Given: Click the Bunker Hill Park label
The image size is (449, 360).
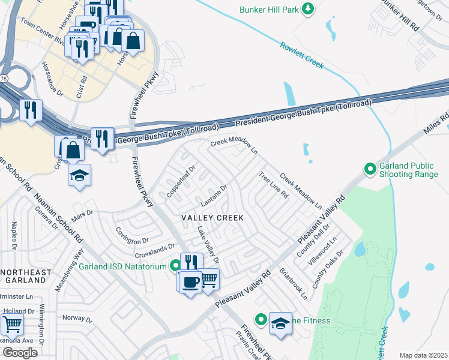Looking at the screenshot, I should [269, 10].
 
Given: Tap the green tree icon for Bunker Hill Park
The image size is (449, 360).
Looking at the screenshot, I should [308, 9].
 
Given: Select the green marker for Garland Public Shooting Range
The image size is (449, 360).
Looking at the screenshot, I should [371, 169].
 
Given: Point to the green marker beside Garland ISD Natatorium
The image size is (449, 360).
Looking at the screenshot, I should [175, 265].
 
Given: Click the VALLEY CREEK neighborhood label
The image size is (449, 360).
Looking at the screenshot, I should [208, 218].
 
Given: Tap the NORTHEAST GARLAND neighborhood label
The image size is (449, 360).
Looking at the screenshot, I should [26, 277].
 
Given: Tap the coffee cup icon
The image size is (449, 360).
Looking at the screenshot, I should [190, 281].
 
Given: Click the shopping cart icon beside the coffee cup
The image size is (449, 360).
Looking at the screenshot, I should [208, 278].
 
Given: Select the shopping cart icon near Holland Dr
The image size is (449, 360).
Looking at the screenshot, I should [12, 325].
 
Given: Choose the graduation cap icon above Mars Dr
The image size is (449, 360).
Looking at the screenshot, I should [79, 175].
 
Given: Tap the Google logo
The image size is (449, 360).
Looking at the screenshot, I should [20, 352].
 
